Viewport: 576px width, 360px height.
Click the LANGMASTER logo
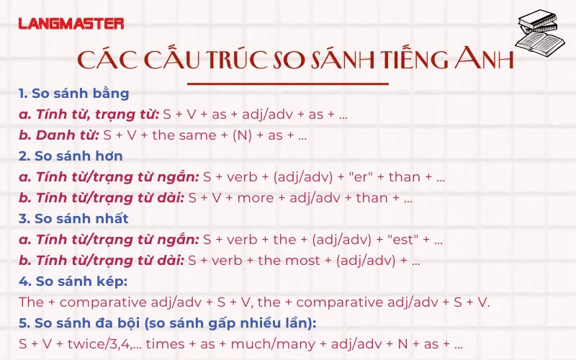[x=71, y=24]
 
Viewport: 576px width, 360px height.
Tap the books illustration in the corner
[x=539, y=32]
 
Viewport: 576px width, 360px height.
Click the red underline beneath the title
[x=287, y=84]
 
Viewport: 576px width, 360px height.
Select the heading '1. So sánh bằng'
[x=74, y=94]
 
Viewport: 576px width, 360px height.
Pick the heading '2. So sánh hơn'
[x=71, y=156]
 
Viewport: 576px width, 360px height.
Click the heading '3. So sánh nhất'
[x=73, y=219]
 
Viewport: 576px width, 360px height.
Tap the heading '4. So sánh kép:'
[x=73, y=282]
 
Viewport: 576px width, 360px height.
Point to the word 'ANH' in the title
[x=484, y=58]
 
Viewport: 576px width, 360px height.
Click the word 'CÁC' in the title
[x=107, y=59]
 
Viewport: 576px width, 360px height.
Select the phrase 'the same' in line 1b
[x=184, y=135]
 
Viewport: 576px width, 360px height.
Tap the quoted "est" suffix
[x=403, y=240]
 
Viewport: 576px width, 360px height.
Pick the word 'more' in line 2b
[x=256, y=199]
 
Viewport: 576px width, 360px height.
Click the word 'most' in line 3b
[x=302, y=261]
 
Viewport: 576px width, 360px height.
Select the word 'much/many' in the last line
[x=273, y=345]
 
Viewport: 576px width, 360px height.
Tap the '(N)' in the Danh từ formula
[x=243, y=135]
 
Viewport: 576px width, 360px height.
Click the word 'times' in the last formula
[x=166, y=344]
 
